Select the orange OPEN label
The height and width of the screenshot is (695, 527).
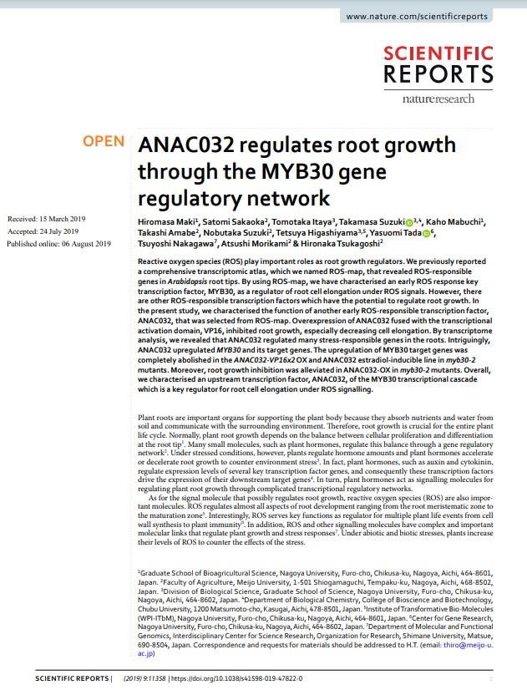click(x=103, y=142)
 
